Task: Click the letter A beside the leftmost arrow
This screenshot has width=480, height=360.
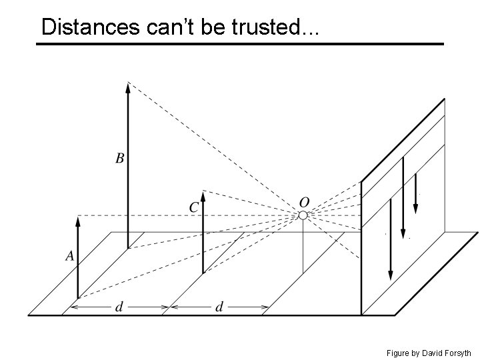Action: [69, 255]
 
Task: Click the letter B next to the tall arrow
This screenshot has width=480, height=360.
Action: [119, 158]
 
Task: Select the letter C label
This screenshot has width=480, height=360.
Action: [193, 207]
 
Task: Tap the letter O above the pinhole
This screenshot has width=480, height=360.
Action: [303, 201]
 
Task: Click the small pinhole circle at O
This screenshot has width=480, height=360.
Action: [303, 215]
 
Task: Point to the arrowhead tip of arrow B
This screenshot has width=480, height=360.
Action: [127, 84]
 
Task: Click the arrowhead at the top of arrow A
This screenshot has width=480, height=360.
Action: [78, 220]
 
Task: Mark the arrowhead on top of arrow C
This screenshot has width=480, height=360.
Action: [203, 195]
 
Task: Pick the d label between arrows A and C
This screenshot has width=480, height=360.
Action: [119, 307]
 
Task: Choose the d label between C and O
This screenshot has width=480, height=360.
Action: [219, 307]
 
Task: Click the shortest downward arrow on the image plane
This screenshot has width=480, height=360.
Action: [415, 193]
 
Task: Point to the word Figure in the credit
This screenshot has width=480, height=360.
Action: [399, 353]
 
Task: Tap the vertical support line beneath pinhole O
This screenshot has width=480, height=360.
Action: [303, 247]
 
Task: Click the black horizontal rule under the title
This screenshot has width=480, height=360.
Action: [239, 44]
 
